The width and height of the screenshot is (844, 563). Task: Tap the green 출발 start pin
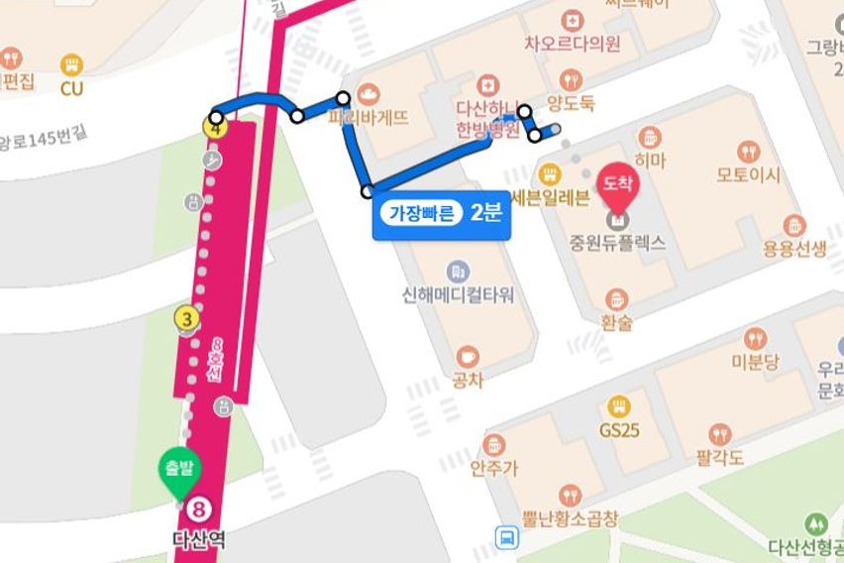coord(179,471)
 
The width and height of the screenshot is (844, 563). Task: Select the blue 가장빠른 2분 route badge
coord(441,212)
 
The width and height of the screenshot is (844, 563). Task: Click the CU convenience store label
coord(71,88)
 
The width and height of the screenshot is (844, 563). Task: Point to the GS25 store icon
coord(619,407)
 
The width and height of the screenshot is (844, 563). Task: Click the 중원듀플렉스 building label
coord(617,242)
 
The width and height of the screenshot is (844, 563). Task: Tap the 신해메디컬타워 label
coord(458,295)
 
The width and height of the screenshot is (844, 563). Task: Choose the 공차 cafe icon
coord(467,357)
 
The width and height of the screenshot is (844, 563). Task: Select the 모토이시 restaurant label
coord(749,175)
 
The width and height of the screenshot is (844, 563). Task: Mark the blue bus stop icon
coord(507,538)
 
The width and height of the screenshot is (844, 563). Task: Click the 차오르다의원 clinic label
coord(573,44)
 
